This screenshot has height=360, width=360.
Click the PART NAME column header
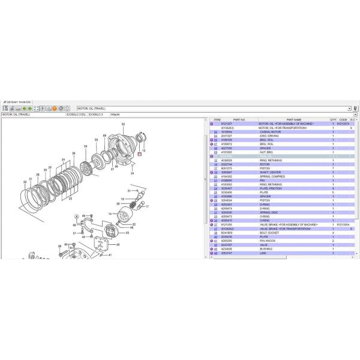[293, 120]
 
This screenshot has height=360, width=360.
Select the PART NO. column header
[239, 120]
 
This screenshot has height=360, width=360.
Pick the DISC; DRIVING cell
[268, 136]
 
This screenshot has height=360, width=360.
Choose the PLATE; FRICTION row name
[271, 188]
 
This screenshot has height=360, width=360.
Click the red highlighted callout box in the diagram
[139, 154]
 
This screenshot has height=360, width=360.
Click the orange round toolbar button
[54, 108]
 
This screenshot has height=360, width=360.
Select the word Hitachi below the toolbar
[114, 114]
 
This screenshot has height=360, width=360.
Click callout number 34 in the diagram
[133, 173]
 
